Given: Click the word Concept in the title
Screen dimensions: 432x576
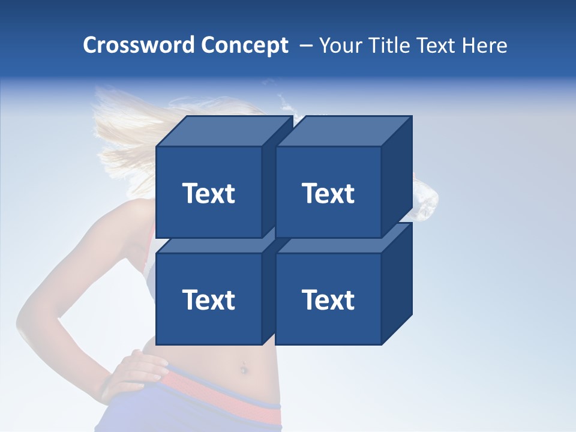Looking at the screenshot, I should coord(244,46).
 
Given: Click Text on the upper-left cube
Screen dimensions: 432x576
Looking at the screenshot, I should coord(208,193).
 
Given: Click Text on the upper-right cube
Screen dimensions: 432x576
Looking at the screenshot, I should coord(328,193).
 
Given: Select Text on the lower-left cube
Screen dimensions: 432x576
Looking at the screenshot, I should coord(208,299).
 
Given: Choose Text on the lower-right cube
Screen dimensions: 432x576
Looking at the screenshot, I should coord(328,299).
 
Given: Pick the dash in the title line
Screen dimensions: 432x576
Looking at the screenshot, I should coord(305,46).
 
